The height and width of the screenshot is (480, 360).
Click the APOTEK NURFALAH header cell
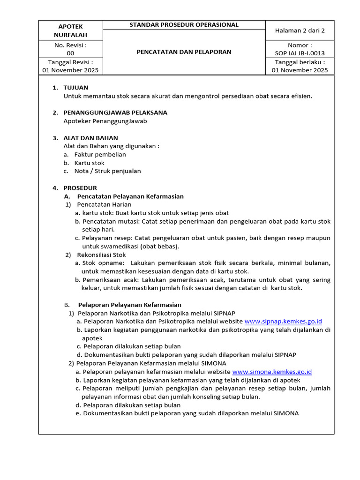(x=70, y=30)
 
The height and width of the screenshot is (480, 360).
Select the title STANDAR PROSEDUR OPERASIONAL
(x=184, y=25)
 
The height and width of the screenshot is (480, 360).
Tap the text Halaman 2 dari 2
(x=300, y=30)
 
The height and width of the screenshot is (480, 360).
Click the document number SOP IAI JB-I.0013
(x=300, y=53)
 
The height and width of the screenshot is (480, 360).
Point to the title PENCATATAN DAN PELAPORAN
(x=184, y=52)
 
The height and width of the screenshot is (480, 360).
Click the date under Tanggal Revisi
(x=70, y=70)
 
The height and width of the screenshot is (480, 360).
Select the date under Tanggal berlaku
(x=300, y=70)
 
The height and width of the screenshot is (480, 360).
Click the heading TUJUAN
(x=75, y=88)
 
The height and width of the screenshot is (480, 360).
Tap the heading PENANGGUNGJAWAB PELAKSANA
(x=115, y=112)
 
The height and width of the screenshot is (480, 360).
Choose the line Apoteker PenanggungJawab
(x=105, y=121)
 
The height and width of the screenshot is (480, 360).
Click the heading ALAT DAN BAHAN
(x=90, y=138)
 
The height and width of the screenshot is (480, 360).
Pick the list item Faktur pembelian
(x=100, y=154)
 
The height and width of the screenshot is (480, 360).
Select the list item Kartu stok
(x=90, y=163)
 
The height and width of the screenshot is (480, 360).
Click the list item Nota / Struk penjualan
(x=107, y=171)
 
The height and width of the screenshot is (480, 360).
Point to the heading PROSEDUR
(x=80, y=188)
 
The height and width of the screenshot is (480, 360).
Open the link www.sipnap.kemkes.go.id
(x=283, y=322)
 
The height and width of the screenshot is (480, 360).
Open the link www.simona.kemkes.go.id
(x=272, y=372)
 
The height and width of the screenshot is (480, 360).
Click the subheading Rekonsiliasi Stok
(x=102, y=255)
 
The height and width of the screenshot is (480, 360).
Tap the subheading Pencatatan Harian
(x=104, y=204)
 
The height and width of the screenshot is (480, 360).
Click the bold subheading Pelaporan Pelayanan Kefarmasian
(x=129, y=305)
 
